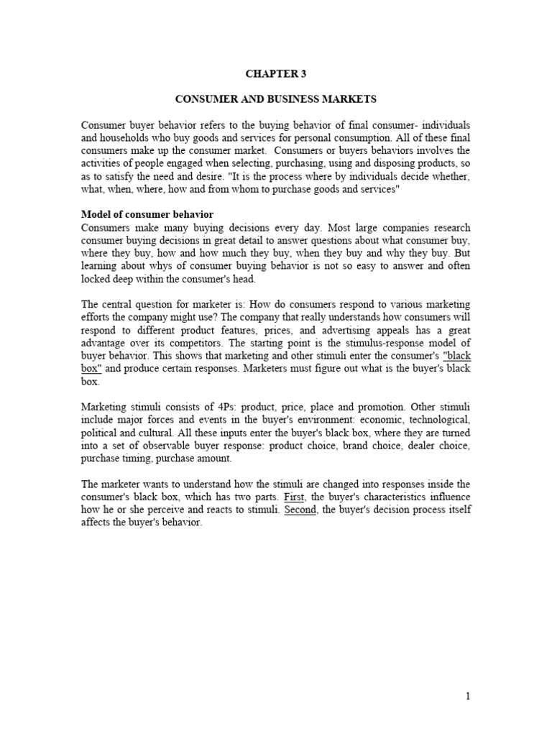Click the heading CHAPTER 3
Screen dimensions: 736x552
[275, 73]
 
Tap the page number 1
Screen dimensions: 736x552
[467, 696]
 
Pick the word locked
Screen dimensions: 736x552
[96, 280]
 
